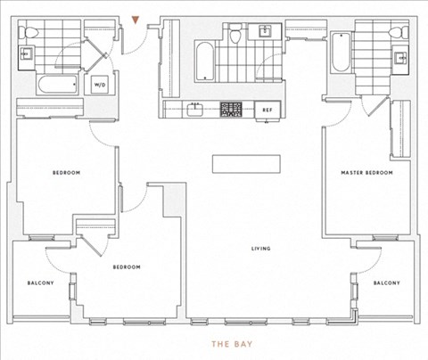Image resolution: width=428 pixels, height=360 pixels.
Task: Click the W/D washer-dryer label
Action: [100, 85]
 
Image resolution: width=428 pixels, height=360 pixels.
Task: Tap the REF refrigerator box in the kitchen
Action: [267, 110]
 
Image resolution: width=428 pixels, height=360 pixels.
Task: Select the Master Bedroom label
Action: [366, 173]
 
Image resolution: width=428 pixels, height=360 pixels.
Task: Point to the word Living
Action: [261, 249]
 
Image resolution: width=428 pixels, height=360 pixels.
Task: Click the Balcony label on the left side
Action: [41, 282]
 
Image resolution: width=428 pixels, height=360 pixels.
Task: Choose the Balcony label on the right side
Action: [387, 282]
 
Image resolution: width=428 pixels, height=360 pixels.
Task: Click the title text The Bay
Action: [232, 344]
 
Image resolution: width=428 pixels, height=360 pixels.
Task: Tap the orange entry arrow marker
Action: [136, 20]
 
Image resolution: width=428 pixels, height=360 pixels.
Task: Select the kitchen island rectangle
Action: [246, 164]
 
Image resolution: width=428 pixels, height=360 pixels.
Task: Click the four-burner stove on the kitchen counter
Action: [231, 110]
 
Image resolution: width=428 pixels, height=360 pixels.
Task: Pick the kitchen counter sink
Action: [194, 110]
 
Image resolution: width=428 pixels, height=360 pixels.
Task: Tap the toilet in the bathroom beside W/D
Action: [29, 32]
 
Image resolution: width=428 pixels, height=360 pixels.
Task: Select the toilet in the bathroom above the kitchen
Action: [235, 34]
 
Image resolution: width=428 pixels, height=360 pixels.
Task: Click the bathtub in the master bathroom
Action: [341, 53]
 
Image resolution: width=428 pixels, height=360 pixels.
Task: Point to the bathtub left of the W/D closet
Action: [58, 85]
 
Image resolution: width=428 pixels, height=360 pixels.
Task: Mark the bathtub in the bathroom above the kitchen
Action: [204, 61]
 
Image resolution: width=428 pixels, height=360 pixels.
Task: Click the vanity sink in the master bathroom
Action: [400, 58]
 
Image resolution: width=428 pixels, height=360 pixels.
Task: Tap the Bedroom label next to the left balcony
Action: [127, 267]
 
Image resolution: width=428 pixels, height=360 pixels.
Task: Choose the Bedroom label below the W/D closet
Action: [66, 173]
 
